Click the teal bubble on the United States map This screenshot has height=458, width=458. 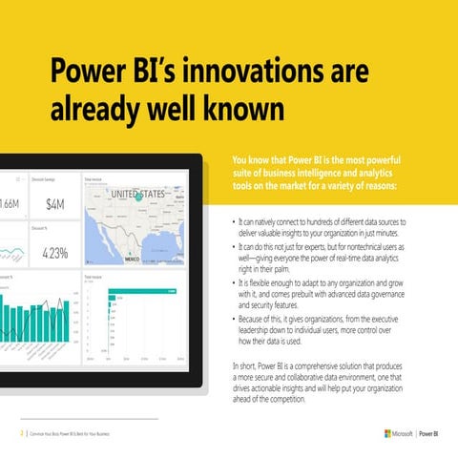[x=140, y=198]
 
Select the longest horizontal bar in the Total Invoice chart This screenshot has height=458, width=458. [x=134, y=292]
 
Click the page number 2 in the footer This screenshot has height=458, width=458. [x=20, y=434]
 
